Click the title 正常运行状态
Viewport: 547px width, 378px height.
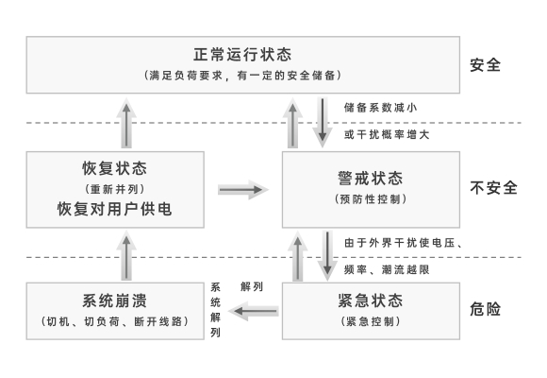(242, 55)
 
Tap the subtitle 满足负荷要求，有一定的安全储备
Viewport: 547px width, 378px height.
(242, 76)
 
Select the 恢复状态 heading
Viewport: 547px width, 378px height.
(115, 168)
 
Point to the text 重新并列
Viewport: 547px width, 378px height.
(115, 189)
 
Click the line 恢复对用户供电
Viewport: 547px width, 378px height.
(115, 209)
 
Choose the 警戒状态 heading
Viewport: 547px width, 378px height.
(371, 179)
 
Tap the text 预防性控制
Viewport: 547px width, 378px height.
(371, 199)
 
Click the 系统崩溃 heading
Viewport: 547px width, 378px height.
(115, 301)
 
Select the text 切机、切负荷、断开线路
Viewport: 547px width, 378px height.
(115, 321)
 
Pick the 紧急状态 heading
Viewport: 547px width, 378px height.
(371, 301)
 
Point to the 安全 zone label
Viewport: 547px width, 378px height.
(486, 65)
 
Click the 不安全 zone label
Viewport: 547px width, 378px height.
(493, 188)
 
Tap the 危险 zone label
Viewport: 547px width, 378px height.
(486, 309)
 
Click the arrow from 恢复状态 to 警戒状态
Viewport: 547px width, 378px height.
(243, 190)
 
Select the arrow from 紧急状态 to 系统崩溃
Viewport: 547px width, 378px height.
(254, 311)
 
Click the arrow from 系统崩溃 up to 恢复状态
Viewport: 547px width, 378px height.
(126, 255)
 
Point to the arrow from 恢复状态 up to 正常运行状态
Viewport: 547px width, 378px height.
(126, 123)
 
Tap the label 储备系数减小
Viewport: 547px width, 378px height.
(380, 108)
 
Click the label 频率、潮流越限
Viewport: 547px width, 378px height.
(387, 269)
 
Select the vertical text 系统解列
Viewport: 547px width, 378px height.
(215, 310)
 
